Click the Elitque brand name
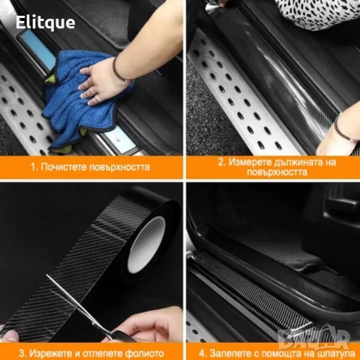coord(45,22)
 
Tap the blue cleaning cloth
coord(82,100)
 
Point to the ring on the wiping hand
coord(99,98)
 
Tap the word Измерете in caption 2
coord(247,162)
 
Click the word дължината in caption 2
coord(295,162)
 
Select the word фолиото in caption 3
coord(145,353)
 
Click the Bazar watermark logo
coord(313,337)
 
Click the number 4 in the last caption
coord(202,353)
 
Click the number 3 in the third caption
coord(22,353)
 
